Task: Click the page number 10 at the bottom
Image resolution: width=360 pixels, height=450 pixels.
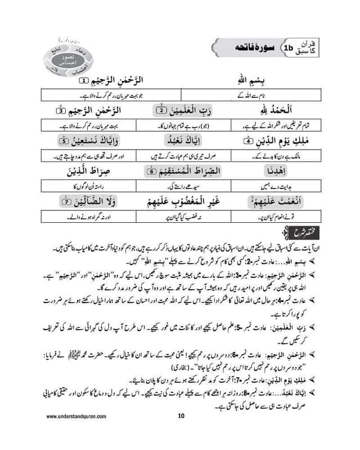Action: (x=181, y=432)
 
